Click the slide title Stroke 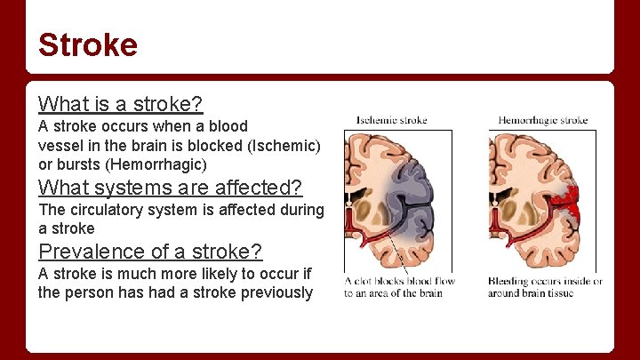[88, 44]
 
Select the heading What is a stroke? [121, 105]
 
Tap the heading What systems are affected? [171, 188]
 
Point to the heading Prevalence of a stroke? [150, 251]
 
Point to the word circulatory [105, 210]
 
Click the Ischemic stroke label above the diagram [391, 120]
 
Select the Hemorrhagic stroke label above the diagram [542, 120]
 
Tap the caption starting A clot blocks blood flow [399, 287]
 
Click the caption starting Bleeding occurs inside [544, 287]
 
